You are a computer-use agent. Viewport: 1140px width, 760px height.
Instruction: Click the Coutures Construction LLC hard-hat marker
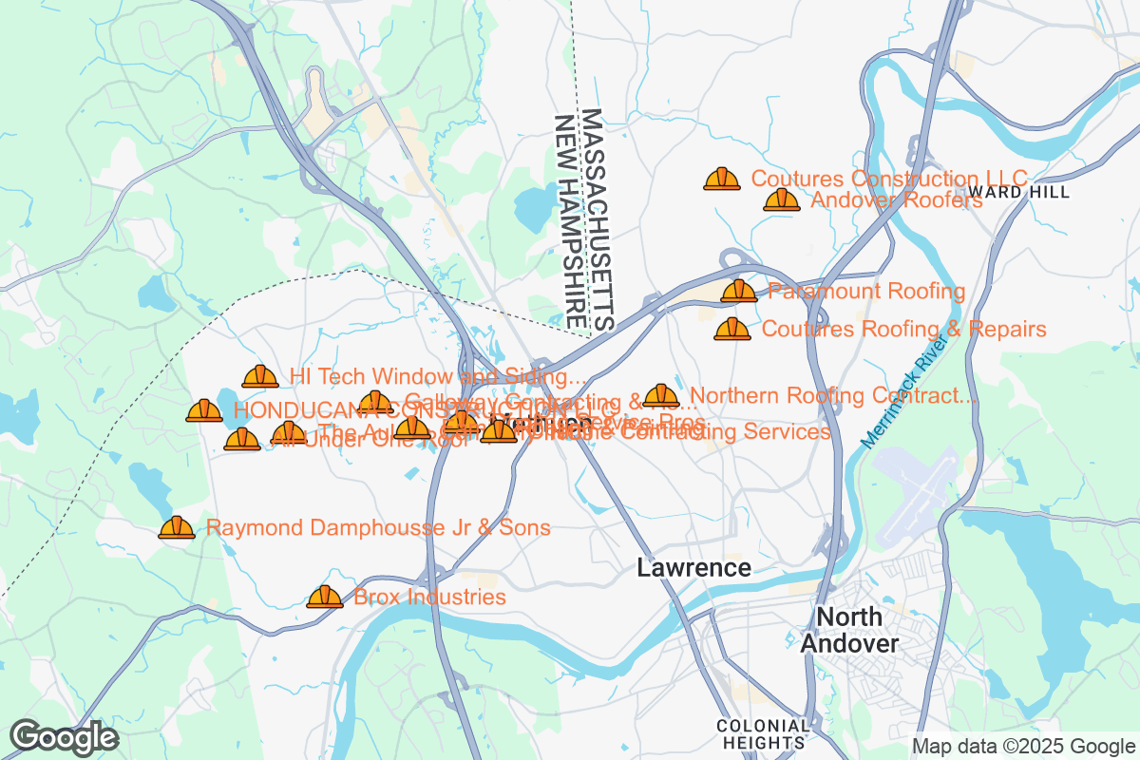point(722,179)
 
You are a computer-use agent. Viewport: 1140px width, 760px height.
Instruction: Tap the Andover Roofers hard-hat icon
point(782,199)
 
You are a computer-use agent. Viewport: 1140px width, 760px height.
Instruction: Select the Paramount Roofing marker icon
point(739,291)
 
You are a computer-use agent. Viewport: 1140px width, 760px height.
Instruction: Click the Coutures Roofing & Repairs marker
point(732,330)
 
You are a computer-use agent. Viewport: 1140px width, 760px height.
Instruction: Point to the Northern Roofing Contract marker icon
point(661,395)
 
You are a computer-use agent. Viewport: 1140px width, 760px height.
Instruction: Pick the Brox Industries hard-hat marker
point(325,597)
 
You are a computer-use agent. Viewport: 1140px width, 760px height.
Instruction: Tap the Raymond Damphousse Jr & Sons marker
point(177,527)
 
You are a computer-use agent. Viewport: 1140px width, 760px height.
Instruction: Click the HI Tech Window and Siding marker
point(260,377)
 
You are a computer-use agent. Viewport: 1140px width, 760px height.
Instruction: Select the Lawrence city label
point(693,568)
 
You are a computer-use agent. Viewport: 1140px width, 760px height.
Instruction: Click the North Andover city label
point(848,630)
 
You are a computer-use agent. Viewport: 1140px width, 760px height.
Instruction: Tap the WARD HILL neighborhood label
point(1034,192)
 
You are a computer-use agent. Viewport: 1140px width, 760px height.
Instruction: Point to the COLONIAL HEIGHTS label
point(764,732)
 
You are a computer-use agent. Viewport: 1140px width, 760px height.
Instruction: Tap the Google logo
point(65,737)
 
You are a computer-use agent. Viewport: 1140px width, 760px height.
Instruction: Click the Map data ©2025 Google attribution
point(1023,746)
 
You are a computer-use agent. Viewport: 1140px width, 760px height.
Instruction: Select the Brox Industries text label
point(429,597)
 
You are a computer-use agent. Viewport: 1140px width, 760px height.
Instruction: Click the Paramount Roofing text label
point(866,291)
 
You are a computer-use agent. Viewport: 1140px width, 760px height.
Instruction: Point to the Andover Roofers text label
point(896,199)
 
